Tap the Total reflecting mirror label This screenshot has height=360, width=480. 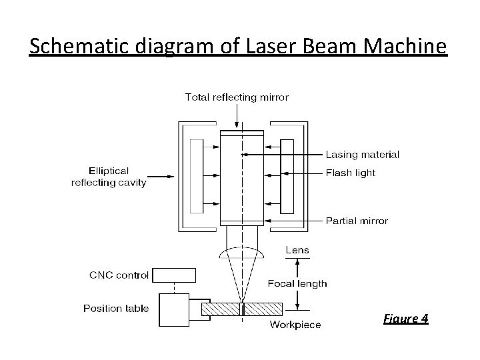click(237, 97)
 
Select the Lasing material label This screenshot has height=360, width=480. click(363, 155)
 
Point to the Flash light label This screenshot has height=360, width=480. click(351, 173)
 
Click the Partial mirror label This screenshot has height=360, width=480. click(357, 221)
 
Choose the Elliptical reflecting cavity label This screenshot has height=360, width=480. click(109, 177)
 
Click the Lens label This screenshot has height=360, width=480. click(297, 251)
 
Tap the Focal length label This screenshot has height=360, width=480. click(297, 283)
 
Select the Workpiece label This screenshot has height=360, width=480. click(295, 325)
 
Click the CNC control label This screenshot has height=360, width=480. click(119, 275)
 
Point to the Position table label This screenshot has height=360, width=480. click(116, 308)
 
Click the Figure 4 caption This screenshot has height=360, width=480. click(406, 318)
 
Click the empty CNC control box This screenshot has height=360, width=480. click(174, 275)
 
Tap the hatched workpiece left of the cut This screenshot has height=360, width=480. click(221, 309)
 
